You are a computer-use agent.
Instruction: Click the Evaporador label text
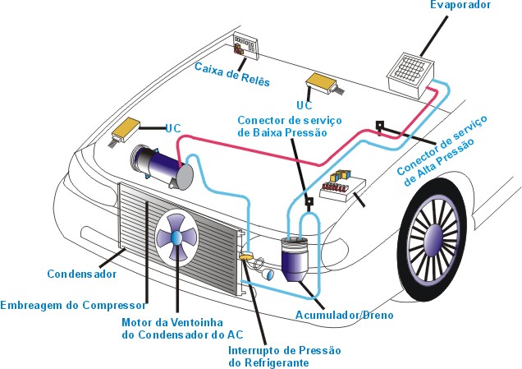pos(460,6)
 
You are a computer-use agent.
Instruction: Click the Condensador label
pos(81,274)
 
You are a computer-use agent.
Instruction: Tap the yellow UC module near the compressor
pos(126,128)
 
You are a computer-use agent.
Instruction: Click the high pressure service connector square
pos(380,126)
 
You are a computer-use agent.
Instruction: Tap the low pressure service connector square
pos(309,200)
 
